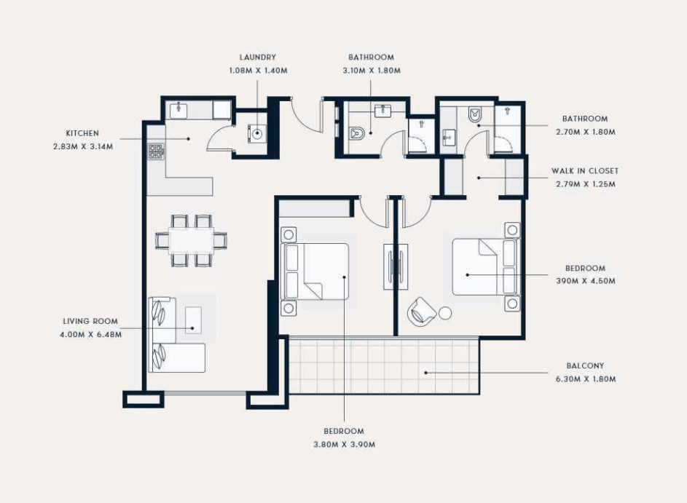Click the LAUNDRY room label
pyautogui.click(x=258, y=58)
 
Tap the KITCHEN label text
pyautogui.click(x=82, y=133)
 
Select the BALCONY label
pyautogui.click(x=585, y=365)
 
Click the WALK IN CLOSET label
pyautogui.click(x=585, y=171)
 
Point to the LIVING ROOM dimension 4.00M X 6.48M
pyautogui.click(x=90, y=334)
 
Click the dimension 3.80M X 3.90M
pyautogui.click(x=345, y=444)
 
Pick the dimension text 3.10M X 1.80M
pyautogui.click(x=372, y=71)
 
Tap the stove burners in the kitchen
pyautogui.click(x=155, y=151)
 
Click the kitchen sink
pyautogui.click(x=178, y=111)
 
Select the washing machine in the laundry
pyautogui.click(x=258, y=133)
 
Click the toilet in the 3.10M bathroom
pyautogui.click(x=357, y=133)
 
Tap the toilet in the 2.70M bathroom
pyautogui.click(x=475, y=115)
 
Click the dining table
pyautogui.click(x=192, y=240)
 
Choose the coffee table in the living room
pyautogui.click(x=193, y=320)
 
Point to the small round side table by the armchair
pyautogui.click(x=445, y=314)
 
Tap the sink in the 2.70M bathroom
pyautogui.click(x=448, y=138)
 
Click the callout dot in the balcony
pyautogui.click(x=426, y=373)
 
